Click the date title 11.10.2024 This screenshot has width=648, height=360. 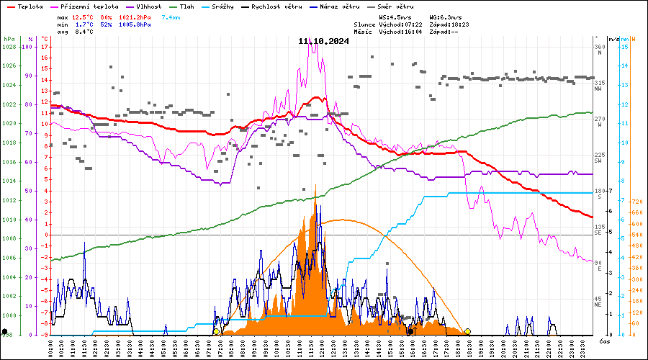pyautogui.click(x=323, y=41)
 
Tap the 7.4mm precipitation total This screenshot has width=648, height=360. pyautogui.click(x=171, y=17)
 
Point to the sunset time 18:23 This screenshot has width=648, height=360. pyautogui.click(x=458, y=24)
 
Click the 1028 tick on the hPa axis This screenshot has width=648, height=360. pyautogui.click(x=9, y=47)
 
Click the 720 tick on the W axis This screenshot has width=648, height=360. pyautogui.click(x=637, y=202)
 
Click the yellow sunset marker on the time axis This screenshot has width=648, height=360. pyautogui.click(x=467, y=331)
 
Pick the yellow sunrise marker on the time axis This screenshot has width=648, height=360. pyautogui.click(x=216, y=331)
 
